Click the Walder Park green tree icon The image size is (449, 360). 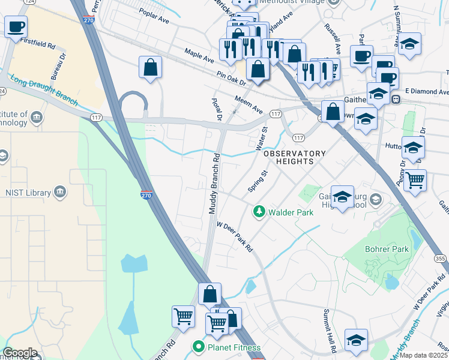coord(259,211)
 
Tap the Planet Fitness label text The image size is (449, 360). coord(231,346)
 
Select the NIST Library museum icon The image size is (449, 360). coord(60,192)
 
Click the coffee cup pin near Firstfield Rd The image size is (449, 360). coord(16,27)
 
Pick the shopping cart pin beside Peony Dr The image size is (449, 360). coord(415,179)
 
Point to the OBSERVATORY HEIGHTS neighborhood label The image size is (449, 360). coord(295,157)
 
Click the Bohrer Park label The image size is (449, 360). coord(387,248)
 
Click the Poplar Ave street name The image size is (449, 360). coord(154,16)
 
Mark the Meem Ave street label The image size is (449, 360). coord(249,105)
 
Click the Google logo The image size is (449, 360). coord(20,353)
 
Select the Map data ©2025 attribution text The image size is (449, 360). coord(424,355)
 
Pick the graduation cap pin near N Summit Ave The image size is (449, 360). coord(410,44)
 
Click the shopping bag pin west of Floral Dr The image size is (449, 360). coord(151,67)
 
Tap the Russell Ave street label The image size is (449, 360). coord(333,37)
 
